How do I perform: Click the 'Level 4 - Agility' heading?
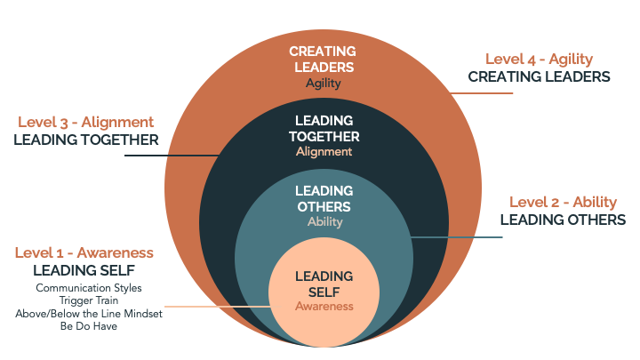pyautogui.click(x=540, y=59)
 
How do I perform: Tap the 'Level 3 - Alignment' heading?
pyautogui.click(x=85, y=122)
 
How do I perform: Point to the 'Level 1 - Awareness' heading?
pyautogui.click(x=84, y=252)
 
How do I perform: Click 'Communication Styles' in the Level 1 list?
pyautogui.click(x=89, y=288)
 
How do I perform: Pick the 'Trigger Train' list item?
pyautogui.click(x=89, y=300)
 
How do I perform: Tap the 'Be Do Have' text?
pyautogui.click(x=89, y=325)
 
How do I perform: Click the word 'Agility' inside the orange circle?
pyautogui.click(x=324, y=84)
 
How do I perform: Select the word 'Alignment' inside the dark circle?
pyautogui.click(x=324, y=151)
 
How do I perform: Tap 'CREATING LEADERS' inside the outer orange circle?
pyautogui.click(x=324, y=59)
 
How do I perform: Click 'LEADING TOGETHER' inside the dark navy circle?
pyautogui.click(x=324, y=129)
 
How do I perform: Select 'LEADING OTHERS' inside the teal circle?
pyautogui.click(x=324, y=199)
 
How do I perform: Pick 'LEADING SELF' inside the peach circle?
pyautogui.click(x=324, y=284)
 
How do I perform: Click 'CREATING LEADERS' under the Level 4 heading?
pyautogui.click(x=540, y=76)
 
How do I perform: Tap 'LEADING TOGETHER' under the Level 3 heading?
pyautogui.click(x=85, y=140)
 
